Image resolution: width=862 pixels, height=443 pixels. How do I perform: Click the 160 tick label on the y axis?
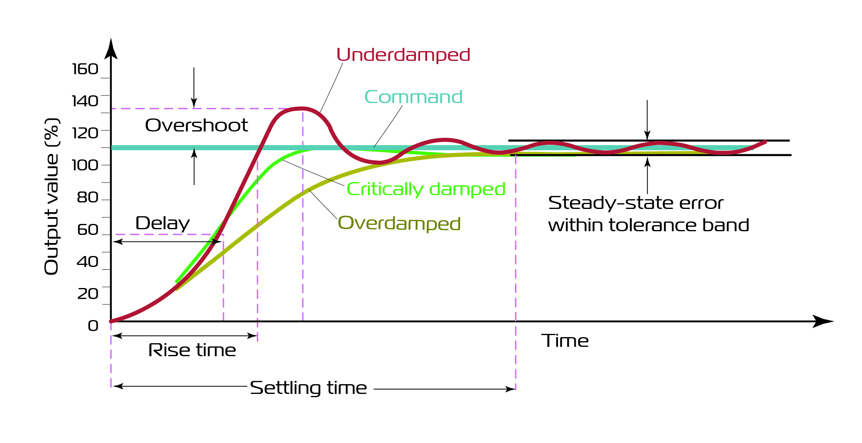click(85, 69)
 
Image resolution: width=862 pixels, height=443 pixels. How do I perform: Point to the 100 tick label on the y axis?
click(85, 165)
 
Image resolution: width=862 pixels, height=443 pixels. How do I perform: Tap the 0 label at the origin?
click(93, 326)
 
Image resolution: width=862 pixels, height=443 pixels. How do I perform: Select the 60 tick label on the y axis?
click(88, 230)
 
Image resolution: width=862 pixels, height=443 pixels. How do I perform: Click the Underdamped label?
click(403, 55)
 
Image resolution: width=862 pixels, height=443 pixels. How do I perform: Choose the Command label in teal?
click(413, 97)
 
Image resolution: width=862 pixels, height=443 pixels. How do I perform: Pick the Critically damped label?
click(426, 189)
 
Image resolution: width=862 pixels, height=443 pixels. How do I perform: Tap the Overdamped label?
click(399, 223)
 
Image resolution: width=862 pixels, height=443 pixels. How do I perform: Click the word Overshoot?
click(196, 125)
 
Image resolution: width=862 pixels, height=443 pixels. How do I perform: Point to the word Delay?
click(163, 223)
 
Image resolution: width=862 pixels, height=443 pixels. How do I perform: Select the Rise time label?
click(192, 350)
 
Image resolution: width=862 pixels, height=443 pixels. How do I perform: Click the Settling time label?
click(309, 388)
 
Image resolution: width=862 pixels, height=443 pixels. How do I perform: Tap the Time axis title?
click(565, 341)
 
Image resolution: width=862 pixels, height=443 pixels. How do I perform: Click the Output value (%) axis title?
click(52, 196)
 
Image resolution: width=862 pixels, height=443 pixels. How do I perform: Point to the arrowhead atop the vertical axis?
click(111, 49)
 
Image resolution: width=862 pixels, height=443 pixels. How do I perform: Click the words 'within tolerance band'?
click(648, 225)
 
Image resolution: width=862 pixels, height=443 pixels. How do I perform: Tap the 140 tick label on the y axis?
click(85, 101)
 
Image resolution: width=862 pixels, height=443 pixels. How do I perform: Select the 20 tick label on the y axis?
click(88, 294)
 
